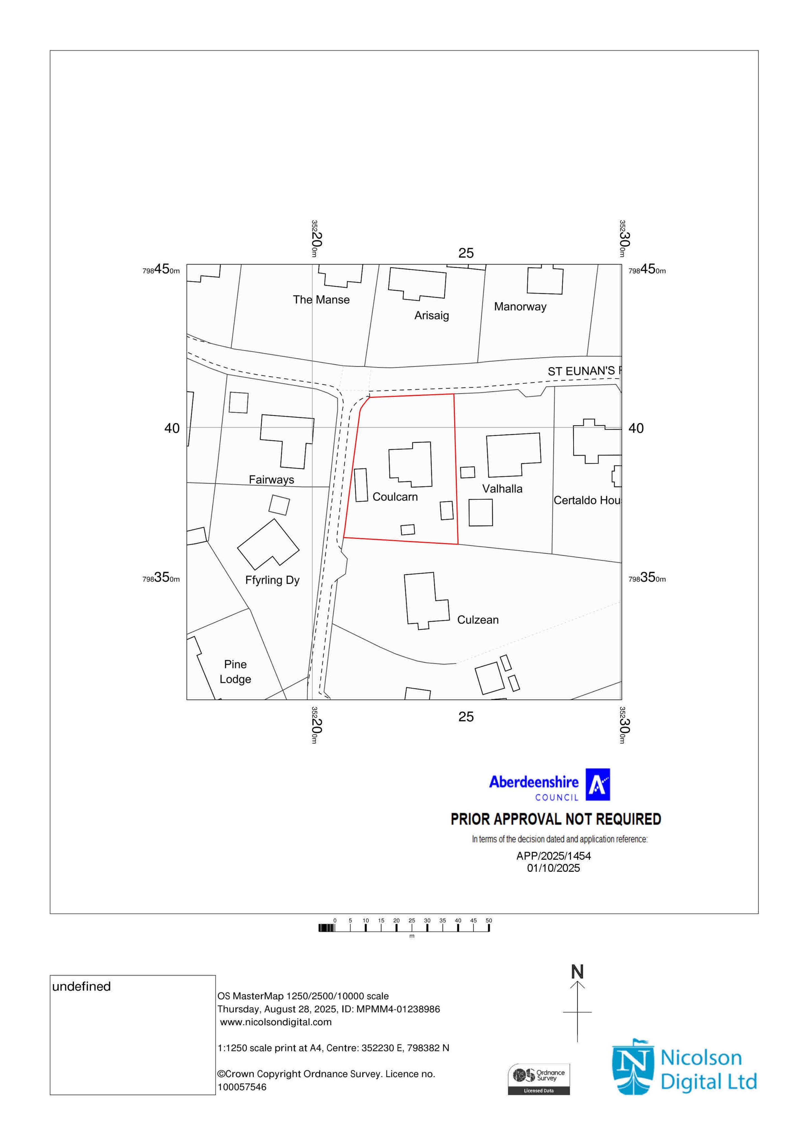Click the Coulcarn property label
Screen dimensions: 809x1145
click(x=395, y=497)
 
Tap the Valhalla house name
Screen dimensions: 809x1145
click(x=502, y=489)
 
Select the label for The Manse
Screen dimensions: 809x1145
click(x=321, y=300)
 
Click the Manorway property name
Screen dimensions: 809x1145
click(x=520, y=307)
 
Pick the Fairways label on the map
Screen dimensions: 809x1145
click(x=271, y=480)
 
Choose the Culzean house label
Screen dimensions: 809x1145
click(x=477, y=620)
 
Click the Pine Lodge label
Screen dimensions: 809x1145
click(x=235, y=672)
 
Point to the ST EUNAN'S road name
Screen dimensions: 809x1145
click(x=581, y=371)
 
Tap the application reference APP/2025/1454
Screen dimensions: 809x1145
click(x=553, y=856)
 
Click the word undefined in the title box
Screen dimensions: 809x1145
click(x=81, y=987)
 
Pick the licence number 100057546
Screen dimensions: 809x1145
click(x=242, y=1087)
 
